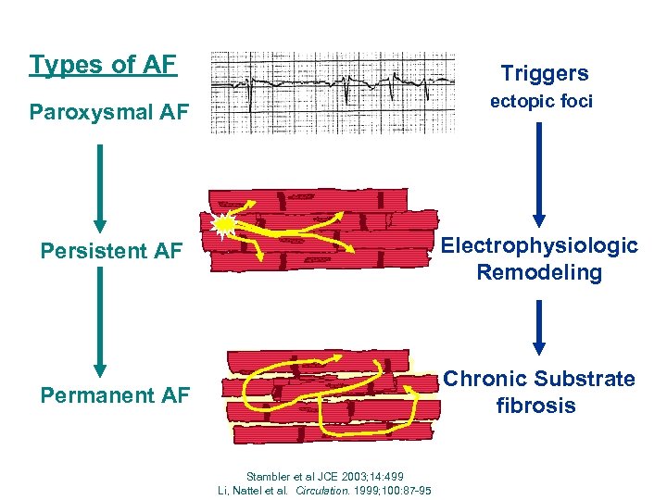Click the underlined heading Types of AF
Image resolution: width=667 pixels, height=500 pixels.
coord(102,65)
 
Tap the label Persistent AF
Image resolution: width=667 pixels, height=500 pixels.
coord(111,251)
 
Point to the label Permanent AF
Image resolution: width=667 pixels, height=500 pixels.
coord(115,395)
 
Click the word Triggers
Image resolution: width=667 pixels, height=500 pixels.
coord(544,73)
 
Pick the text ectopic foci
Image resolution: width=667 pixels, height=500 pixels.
coord(541,102)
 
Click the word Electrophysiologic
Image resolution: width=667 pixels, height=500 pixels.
coord(539,245)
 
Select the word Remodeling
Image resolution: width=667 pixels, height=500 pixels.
coord(539,272)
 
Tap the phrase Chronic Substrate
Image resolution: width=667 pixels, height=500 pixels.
coord(539,379)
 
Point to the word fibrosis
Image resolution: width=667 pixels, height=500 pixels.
coord(535,406)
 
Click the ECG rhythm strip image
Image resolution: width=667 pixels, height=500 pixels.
coord(333,93)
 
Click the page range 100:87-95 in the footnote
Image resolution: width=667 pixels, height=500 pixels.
coord(399,489)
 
